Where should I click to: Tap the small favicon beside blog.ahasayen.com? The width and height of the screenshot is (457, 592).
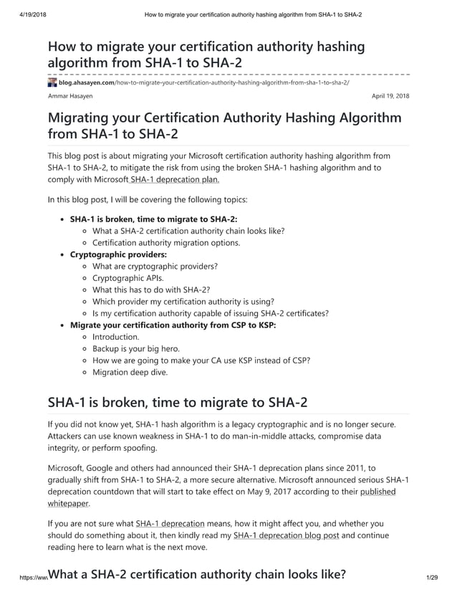point(52,83)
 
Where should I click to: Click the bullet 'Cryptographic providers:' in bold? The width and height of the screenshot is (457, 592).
point(118,254)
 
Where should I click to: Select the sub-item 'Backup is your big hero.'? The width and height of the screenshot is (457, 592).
point(136,348)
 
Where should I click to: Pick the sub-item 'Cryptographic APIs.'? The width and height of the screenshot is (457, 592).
point(128,277)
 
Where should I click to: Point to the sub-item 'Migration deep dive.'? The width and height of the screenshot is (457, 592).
point(130,372)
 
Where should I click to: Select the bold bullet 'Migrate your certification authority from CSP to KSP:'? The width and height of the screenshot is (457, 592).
point(173,325)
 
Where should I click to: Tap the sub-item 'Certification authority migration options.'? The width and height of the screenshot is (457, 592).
point(166,242)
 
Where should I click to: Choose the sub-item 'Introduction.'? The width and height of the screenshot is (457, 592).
point(116,336)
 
